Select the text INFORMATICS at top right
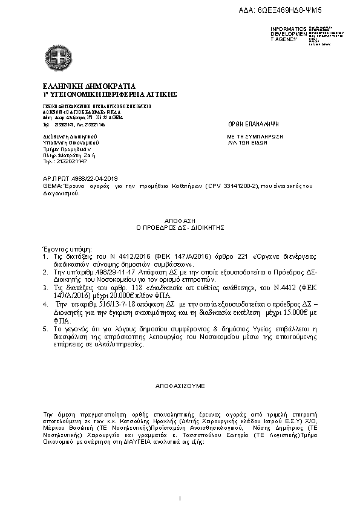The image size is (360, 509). pyautogui.click(x=289, y=29)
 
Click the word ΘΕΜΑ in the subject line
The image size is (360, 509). pyautogui.click(x=51, y=187)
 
